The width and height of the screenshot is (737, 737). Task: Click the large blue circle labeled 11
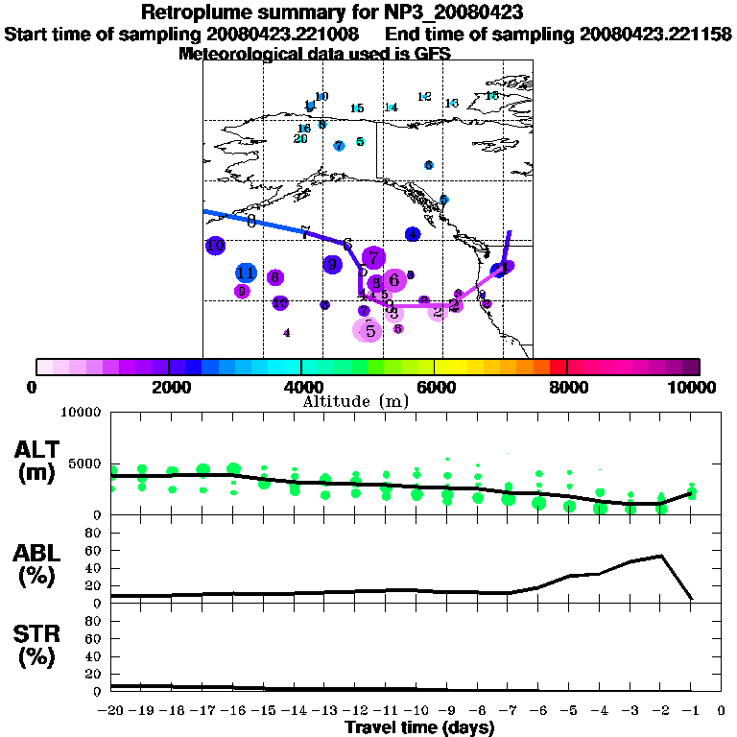(246, 273)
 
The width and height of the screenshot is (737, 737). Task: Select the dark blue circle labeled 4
(413, 234)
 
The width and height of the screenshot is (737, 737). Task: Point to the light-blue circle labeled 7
(339, 146)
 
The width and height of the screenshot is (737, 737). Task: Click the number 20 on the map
(300, 139)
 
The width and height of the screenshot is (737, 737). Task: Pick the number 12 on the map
(424, 97)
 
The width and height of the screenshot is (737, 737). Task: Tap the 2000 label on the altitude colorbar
(168, 388)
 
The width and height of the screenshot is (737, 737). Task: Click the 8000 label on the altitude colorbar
(567, 388)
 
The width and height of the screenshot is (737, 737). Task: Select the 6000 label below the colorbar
(434, 388)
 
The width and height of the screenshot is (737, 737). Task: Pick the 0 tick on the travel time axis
(722, 711)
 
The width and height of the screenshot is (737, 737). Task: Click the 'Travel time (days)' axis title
(419, 727)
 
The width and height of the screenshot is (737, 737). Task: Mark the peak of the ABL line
(661, 556)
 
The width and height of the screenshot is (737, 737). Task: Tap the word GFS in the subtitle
(433, 54)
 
